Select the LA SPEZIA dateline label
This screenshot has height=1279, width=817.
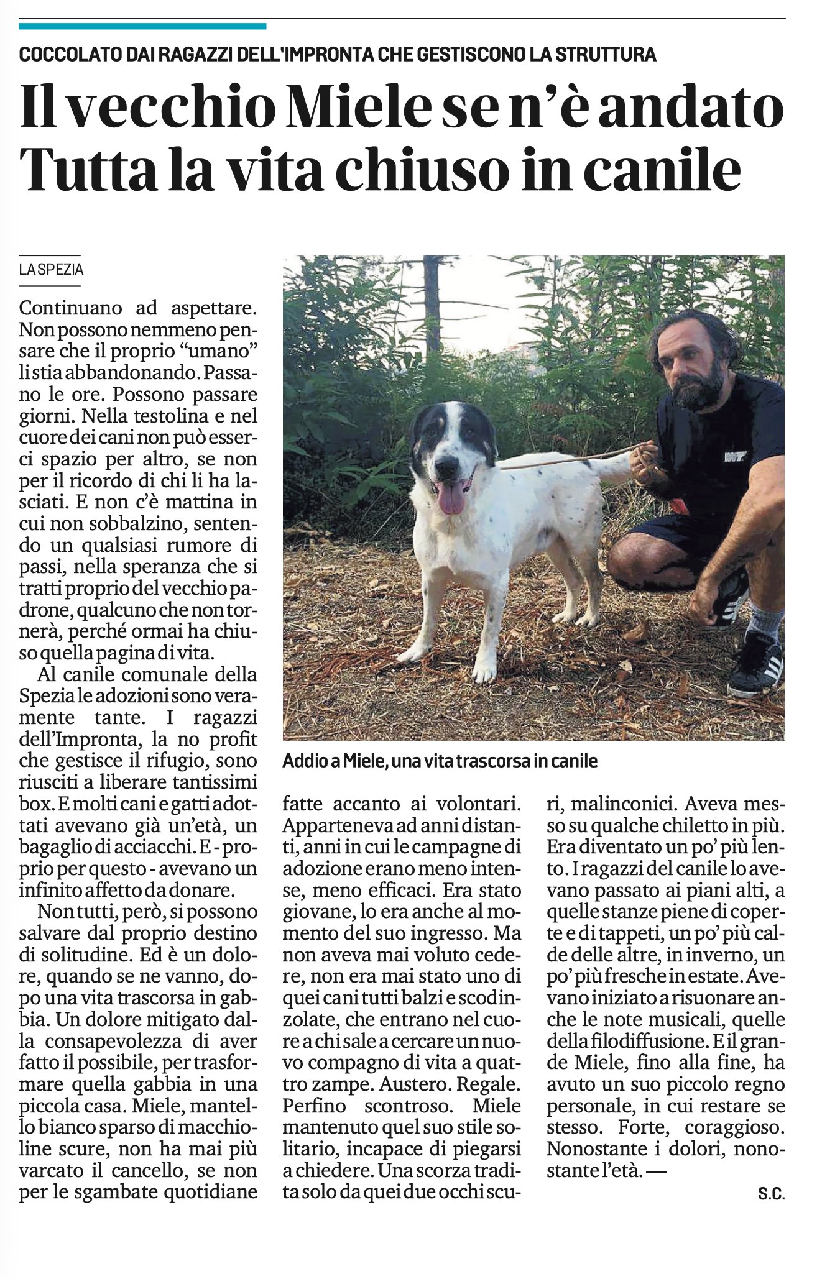click(x=51, y=270)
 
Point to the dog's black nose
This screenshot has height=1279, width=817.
click(x=446, y=464)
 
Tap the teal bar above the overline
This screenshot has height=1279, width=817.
click(x=142, y=26)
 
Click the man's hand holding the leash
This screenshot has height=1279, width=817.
click(x=644, y=459)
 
